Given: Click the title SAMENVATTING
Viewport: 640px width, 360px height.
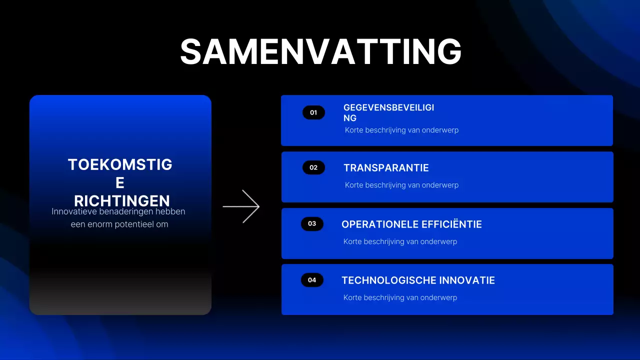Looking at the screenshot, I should point(320,51).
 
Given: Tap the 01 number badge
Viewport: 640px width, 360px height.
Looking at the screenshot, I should point(313,112).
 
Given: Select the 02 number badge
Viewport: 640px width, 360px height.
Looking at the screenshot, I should point(313,167).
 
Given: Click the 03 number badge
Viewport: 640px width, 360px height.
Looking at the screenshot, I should point(312,223).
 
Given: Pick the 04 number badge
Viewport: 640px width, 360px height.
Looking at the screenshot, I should point(312,280).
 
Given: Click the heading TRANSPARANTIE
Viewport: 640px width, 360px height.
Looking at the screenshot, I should point(386,168).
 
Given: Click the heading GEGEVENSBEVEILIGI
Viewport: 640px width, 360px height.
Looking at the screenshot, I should point(388,107).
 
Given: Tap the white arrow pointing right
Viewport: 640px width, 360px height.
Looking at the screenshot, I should point(241,206).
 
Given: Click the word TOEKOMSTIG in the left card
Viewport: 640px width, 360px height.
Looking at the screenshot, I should point(120,164).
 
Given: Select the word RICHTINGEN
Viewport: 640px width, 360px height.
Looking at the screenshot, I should point(122,201).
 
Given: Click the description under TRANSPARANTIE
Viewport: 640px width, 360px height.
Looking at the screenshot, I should point(401,185).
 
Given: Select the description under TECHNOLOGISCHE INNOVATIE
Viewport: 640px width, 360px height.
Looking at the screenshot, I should point(400,297).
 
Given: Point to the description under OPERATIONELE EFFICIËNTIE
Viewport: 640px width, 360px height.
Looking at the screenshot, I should point(400,241).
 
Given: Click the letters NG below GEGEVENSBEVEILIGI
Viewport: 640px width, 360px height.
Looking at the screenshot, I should point(350,118).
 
